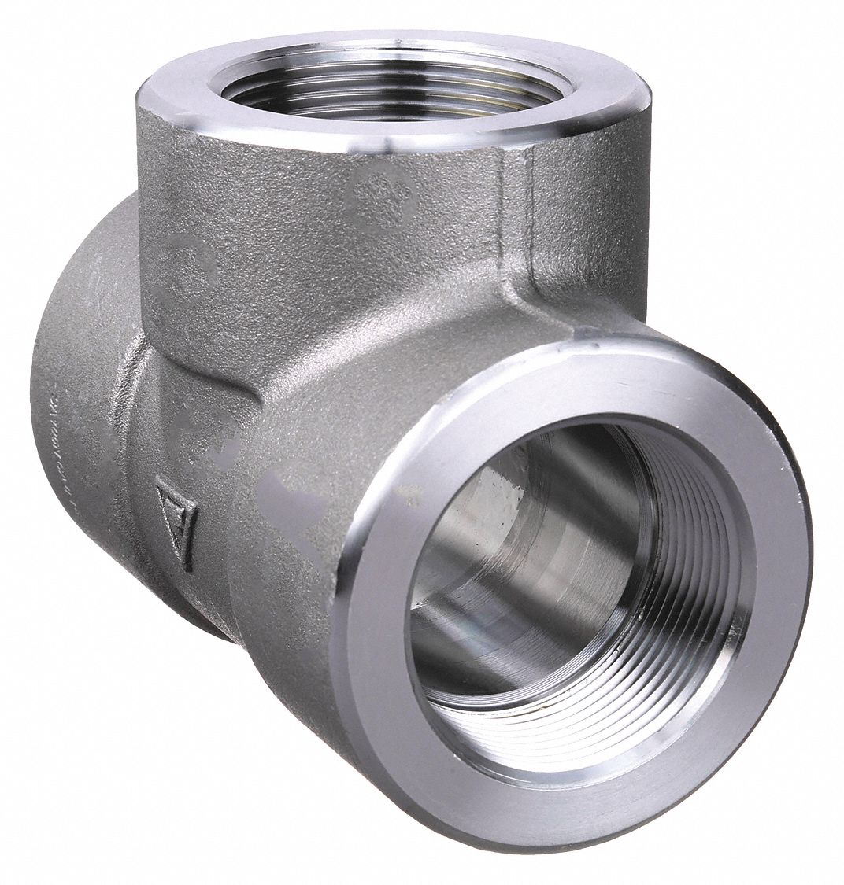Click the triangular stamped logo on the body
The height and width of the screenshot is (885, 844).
coord(176,517)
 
